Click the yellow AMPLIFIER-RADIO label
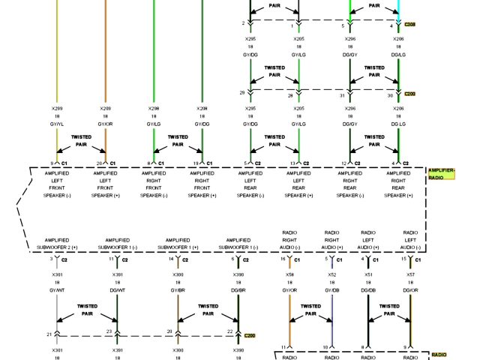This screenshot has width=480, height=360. coord(442,175)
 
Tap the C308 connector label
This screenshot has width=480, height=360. coord(409,25)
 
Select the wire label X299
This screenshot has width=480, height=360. coord(57,109)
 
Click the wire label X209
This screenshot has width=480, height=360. coord(106,109)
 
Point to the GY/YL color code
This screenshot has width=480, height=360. coord(57,124)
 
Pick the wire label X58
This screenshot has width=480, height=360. coord(289,275)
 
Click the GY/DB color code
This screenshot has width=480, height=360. coord(331,290)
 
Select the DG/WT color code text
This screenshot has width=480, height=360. coord(118,290)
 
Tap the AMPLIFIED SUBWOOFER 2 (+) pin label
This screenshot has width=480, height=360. coord(57,243)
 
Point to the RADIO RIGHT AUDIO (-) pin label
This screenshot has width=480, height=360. coord(289,239)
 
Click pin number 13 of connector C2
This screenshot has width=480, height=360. coord(292,163)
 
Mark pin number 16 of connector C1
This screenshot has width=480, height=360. coord(282,259)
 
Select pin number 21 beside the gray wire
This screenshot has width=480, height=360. coord(49,333)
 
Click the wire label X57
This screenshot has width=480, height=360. coord(410,275)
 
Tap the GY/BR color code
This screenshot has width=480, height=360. coord(178,290)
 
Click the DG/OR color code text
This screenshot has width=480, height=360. coord(410,290)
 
